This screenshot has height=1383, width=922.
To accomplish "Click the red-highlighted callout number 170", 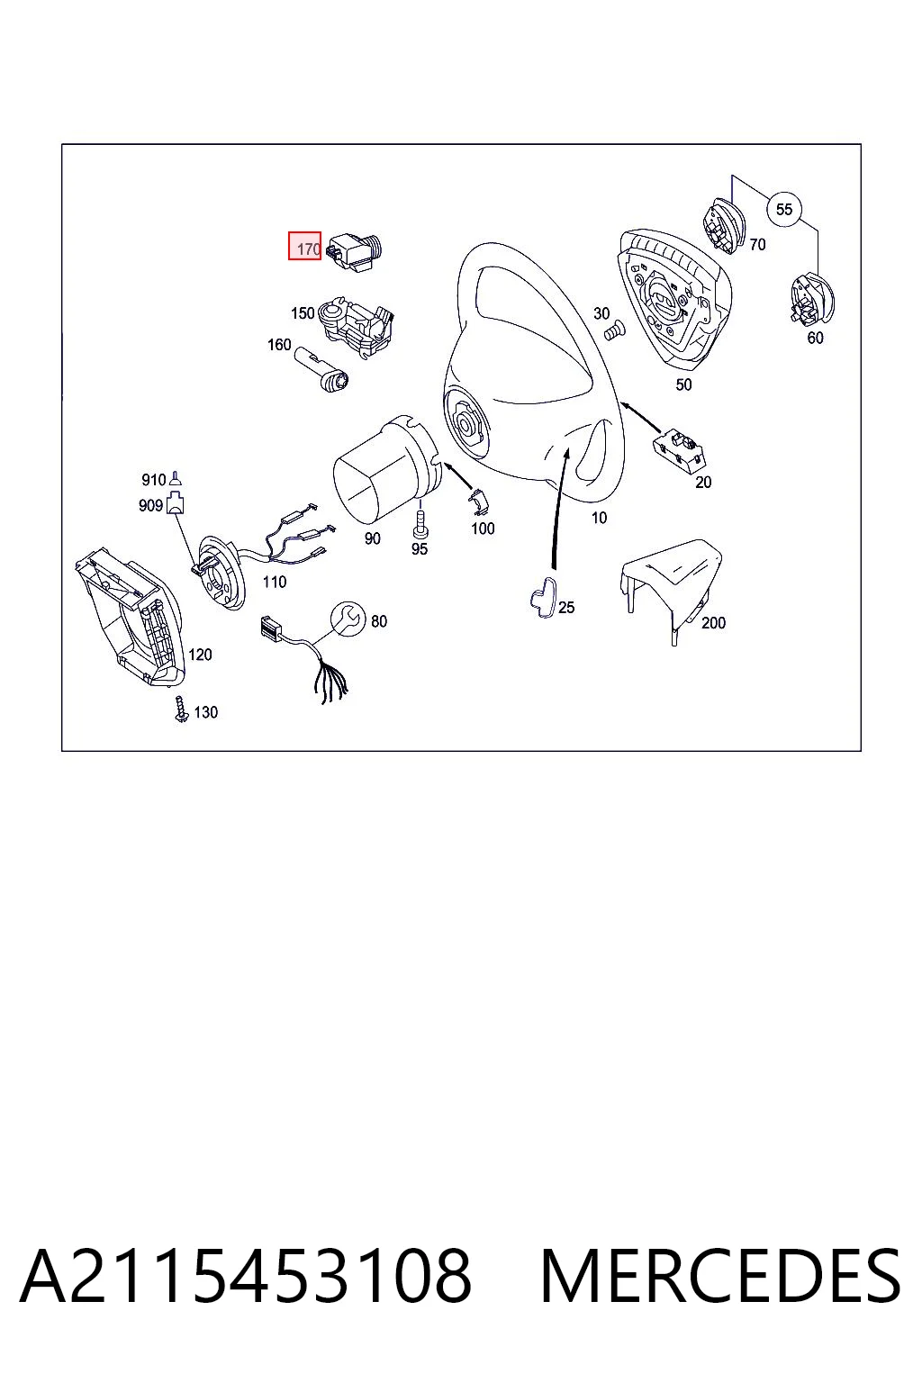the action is pos(304,246).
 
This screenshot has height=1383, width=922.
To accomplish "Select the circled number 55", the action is pos(783,209).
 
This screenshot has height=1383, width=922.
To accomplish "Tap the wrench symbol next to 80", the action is pos(348,619).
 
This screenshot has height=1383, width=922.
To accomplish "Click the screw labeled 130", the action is pos(181,710).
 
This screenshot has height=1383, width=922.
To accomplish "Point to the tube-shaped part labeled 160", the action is pos(321,369).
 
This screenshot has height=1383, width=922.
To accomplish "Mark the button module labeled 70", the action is pos(725,226).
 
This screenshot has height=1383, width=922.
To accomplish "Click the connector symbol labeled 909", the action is pos(176,503).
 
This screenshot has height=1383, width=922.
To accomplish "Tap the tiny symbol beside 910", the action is pos(176,478).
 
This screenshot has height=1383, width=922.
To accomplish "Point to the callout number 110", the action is pos(275,582).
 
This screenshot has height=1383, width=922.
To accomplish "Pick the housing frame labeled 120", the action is pos(129,617).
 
